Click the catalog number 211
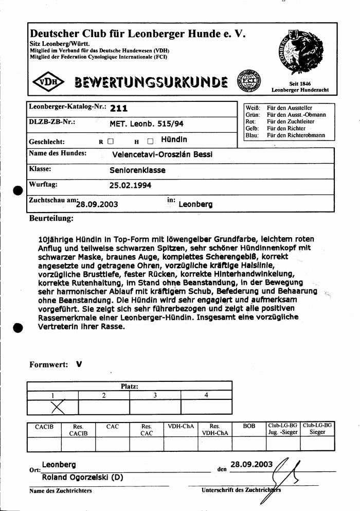click(119, 109)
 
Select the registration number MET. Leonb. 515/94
click(147, 124)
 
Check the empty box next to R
click(111, 140)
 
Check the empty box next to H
click(150, 140)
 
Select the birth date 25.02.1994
click(130, 185)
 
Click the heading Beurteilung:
click(51, 218)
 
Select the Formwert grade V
click(79, 364)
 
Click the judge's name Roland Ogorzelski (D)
click(82, 477)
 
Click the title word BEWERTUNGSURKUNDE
click(151, 82)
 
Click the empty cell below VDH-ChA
click(181, 444)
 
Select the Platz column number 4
click(206, 395)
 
